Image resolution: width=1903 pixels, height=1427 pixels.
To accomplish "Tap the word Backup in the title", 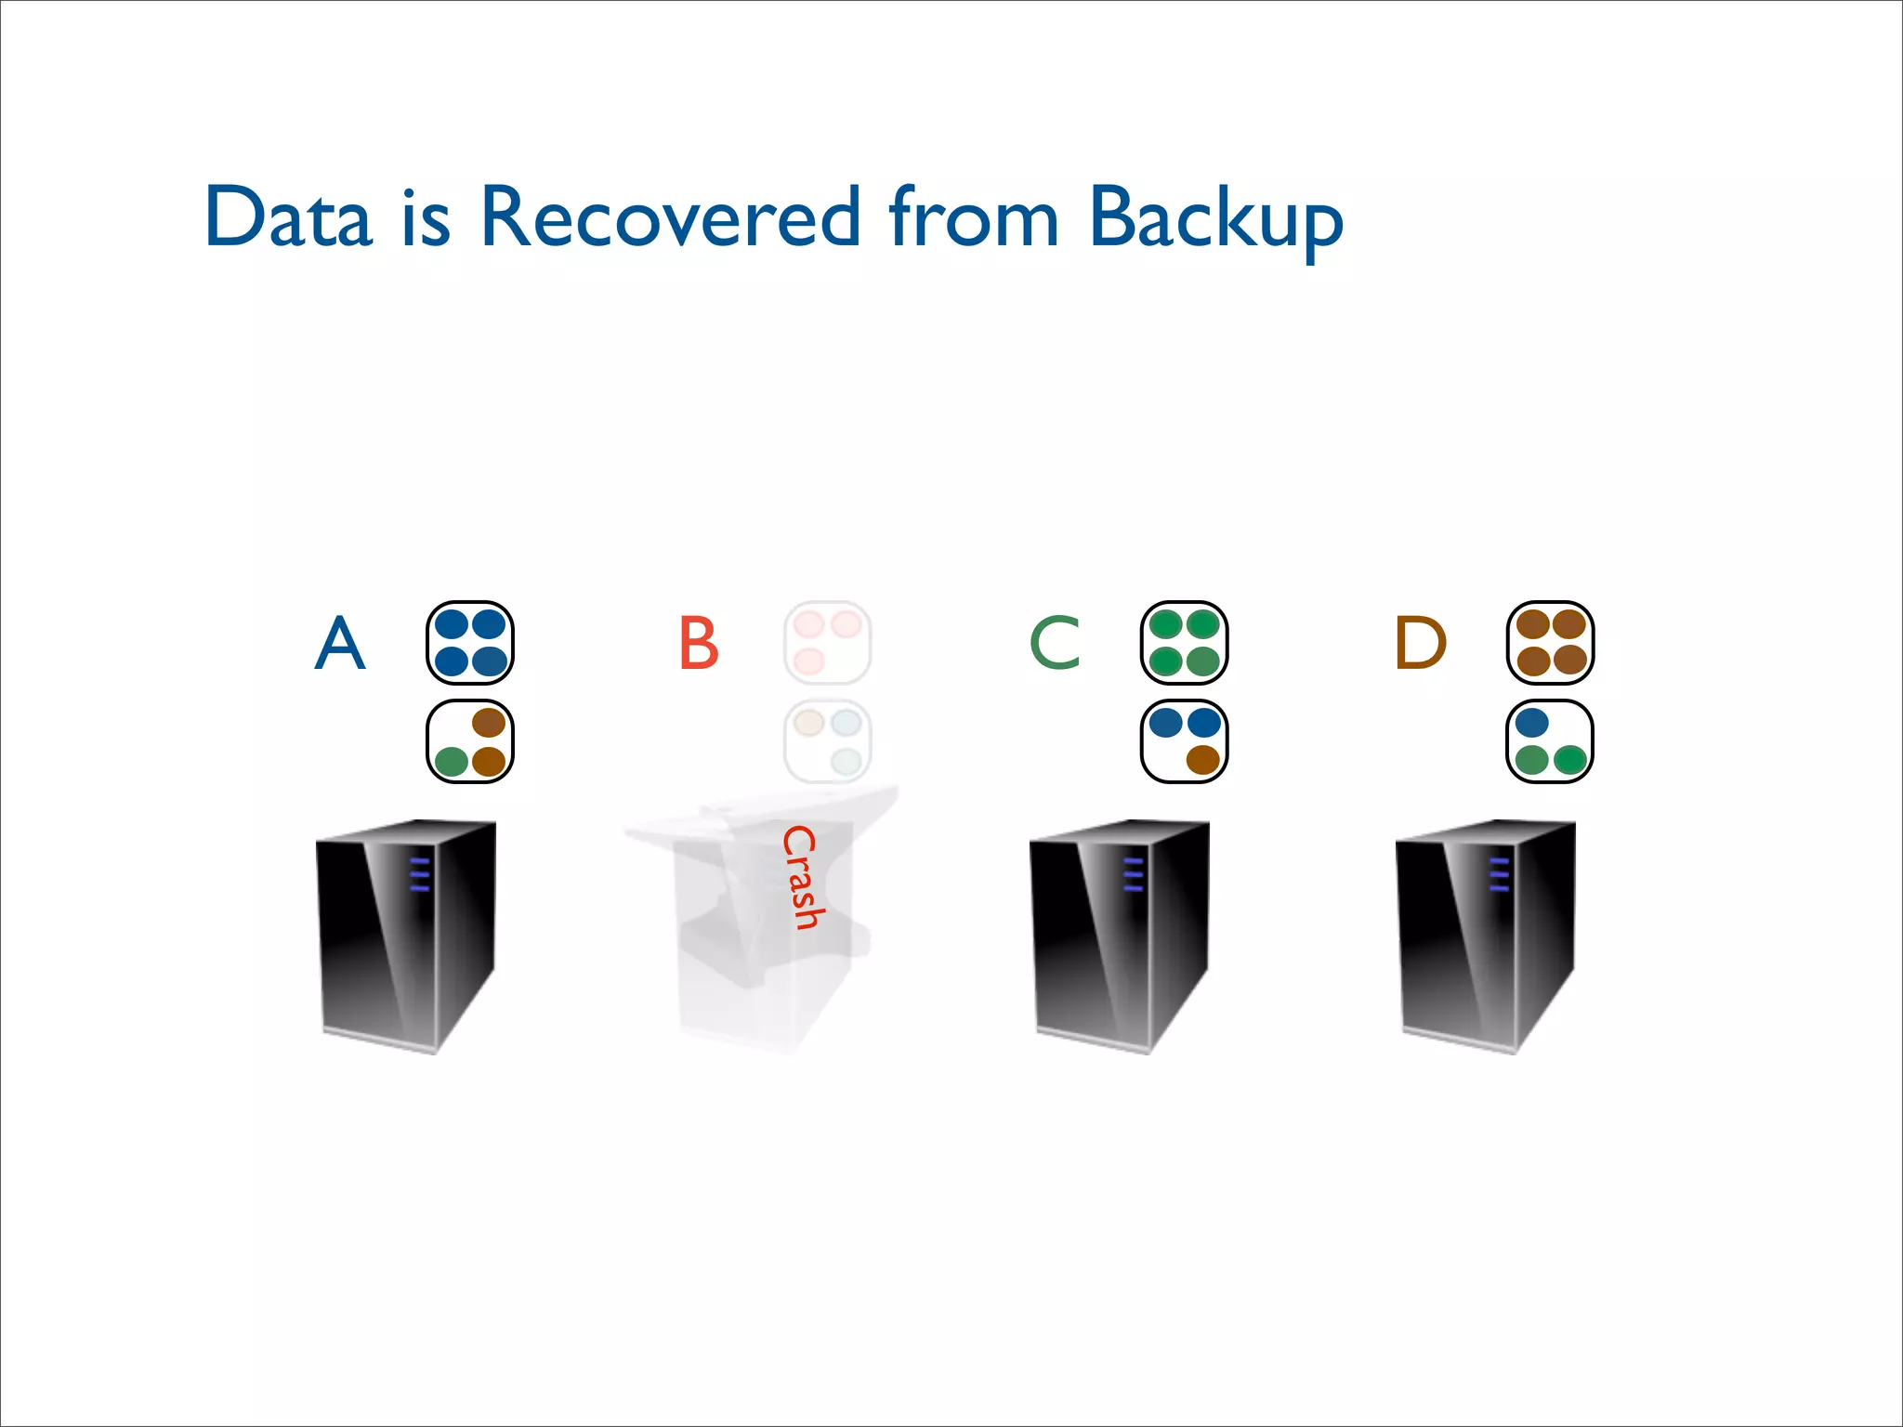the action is (1215, 219).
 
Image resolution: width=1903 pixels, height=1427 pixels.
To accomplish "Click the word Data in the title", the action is (288, 217).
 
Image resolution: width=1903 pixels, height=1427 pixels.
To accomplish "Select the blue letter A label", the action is (340, 643).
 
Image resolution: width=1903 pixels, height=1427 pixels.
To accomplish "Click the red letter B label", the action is (699, 643).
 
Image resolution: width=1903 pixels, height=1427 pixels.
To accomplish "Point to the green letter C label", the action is (1056, 643).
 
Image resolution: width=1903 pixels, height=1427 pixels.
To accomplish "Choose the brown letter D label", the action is (1420, 643).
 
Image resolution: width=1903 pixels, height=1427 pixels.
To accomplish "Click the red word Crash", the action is (801, 877).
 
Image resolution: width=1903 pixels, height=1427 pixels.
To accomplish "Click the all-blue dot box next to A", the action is (470, 643).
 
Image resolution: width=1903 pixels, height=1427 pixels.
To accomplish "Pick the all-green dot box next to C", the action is (1184, 643).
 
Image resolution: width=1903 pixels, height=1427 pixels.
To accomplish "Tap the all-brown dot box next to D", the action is (1550, 643).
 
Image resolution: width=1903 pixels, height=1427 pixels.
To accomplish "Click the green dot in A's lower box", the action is (452, 762).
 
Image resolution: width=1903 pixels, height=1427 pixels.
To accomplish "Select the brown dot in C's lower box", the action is (1203, 760).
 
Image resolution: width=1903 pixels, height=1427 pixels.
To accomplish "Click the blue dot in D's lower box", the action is (1531, 722).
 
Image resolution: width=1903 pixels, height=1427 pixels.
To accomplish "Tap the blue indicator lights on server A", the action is (420, 875).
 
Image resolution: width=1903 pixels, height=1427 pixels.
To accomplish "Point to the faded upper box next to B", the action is (827, 643).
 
